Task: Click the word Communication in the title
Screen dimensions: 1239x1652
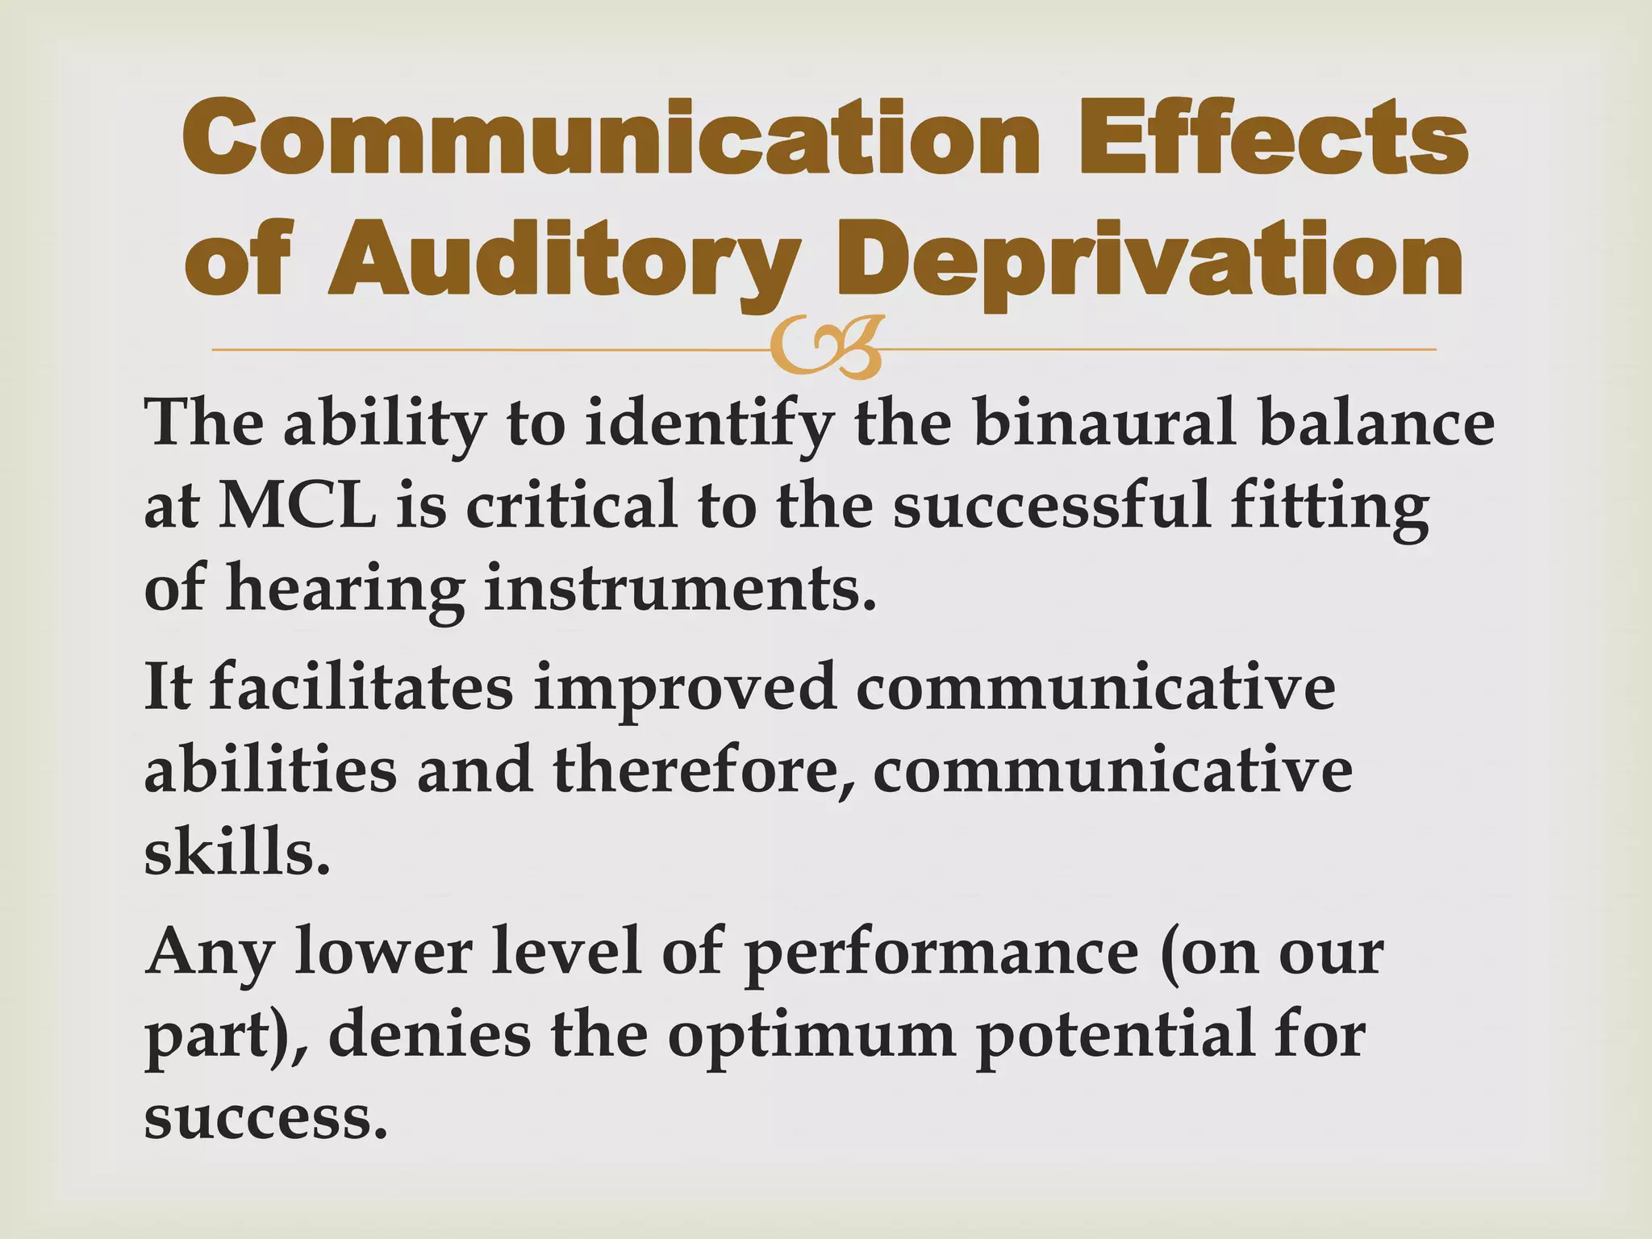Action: [611, 139]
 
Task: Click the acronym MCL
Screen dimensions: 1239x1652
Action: [297, 507]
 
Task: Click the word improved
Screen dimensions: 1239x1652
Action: [684, 687]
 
